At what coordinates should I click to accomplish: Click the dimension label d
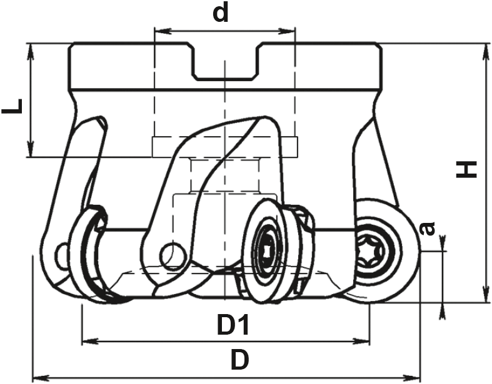(x=221, y=14)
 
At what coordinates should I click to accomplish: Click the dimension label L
(x=13, y=106)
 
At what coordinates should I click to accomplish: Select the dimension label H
(x=466, y=170)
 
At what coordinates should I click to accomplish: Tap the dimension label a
(x=428, y=228)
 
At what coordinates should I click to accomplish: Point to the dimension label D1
(x=233, y=325)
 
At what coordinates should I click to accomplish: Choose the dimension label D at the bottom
(x=240, y=359)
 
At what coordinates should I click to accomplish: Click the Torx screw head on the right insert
(x=370, y=251)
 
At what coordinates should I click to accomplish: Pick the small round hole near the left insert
(x=61, y=255)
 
